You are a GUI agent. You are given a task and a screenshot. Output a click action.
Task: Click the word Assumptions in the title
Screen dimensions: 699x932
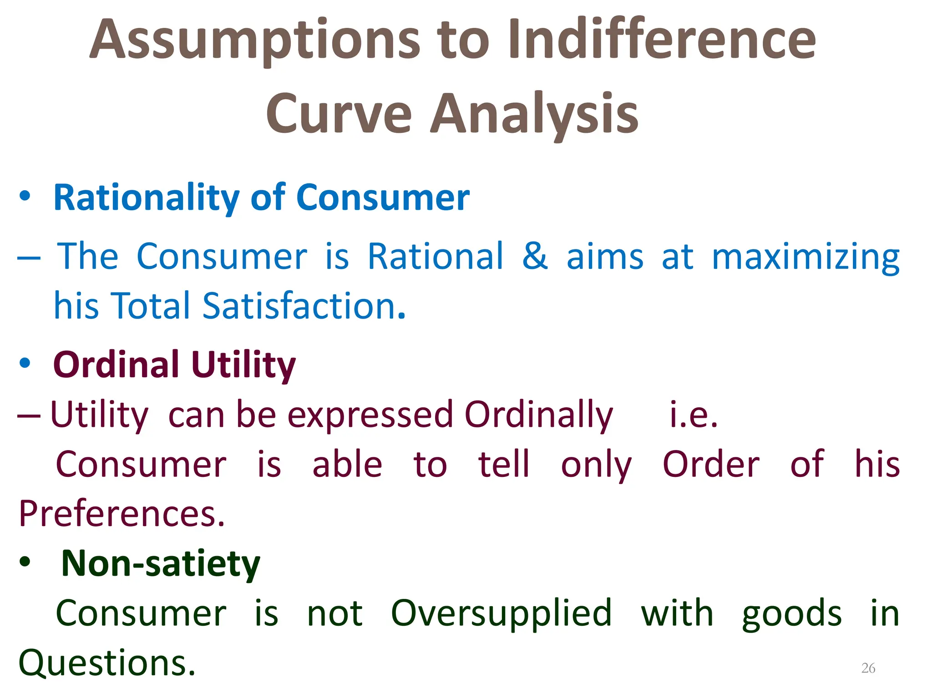255,41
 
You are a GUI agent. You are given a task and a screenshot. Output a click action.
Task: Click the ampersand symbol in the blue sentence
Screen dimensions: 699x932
535,256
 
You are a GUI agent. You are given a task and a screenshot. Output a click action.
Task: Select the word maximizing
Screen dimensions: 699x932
805,258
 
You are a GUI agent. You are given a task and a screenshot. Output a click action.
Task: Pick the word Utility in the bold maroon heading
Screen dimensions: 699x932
243,365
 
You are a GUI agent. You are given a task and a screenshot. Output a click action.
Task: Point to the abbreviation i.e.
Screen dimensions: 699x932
694,415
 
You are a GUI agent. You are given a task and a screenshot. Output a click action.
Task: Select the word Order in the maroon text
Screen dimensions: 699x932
711,465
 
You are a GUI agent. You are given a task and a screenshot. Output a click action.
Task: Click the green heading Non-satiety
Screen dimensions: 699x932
161,564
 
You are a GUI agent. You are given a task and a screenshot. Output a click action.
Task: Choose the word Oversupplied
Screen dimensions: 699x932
501,614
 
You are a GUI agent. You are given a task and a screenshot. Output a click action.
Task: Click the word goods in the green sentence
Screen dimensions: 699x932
792,614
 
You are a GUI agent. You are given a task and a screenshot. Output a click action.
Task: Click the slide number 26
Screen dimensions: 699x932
868,668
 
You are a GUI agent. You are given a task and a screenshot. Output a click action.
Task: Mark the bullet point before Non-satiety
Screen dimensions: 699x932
25,562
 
